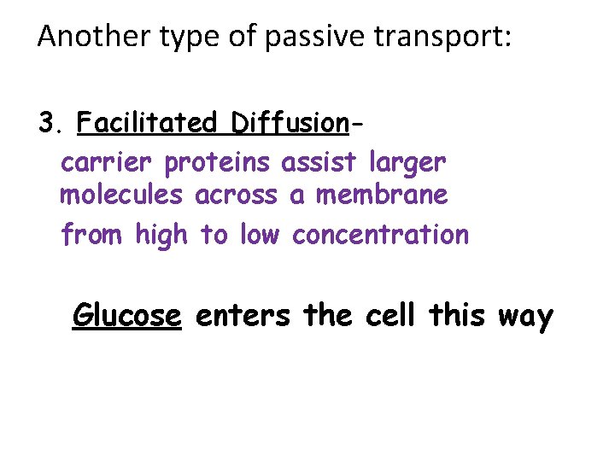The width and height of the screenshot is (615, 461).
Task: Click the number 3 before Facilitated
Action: (47, 124)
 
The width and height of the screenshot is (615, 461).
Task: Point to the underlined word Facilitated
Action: (147, 124)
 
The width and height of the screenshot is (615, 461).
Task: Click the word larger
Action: (408, 162)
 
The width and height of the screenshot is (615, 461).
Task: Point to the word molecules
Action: (121, 195)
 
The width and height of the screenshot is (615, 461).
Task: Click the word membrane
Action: (381, 195)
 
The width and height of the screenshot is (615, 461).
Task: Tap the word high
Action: (161, 234)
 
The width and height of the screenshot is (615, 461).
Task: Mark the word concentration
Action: (380, 234)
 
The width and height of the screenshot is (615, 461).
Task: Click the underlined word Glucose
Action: (127, 316)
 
